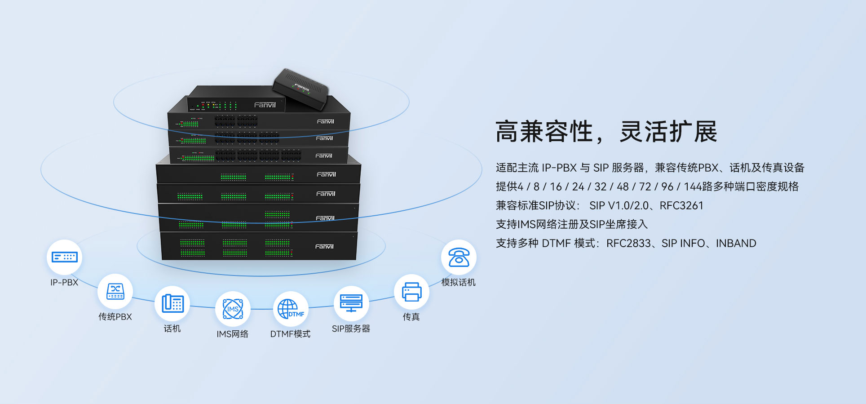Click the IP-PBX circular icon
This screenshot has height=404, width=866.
coord(65,257)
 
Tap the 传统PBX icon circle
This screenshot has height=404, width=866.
coord(115,291)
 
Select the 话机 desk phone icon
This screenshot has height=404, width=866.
coord(172,303)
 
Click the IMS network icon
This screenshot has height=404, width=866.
coord(233,309)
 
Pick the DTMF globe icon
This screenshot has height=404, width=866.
coord(291,309)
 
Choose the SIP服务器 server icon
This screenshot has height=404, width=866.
coord(351,303)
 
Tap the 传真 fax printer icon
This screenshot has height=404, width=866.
coord(411,292)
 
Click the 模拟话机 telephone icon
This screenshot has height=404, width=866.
coord(459,257)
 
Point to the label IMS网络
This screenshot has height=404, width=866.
coord(232,334)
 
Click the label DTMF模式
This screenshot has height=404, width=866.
coord(290,334)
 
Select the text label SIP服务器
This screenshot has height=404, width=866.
coord(351,329)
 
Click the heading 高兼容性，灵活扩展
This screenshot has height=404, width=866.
coord(606,132)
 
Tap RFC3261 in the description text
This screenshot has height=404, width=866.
coord(681,205)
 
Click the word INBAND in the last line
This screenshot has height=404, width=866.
coord(736,243)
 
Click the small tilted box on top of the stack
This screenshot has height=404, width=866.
coord(300,89)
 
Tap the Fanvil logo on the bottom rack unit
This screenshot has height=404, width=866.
coord(324,246)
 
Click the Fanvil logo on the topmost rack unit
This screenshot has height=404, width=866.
coord(265,105)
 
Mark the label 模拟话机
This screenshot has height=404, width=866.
coord(458,282)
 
